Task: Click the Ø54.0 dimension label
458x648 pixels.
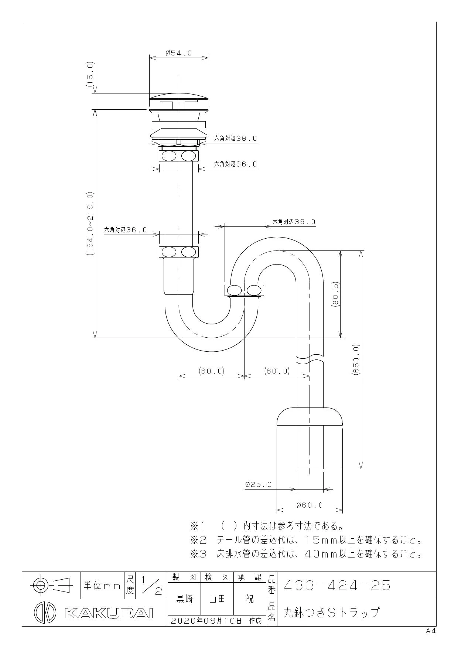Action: pos(179,53)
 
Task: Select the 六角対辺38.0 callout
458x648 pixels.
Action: pos(236,139)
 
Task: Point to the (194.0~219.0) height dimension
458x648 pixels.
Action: pos(90,224)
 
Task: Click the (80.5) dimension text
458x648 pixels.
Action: pos(335,294)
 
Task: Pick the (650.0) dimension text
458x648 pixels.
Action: pos(356,359)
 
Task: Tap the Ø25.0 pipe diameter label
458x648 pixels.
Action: pos(259,484)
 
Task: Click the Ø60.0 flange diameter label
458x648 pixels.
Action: pos(310,505)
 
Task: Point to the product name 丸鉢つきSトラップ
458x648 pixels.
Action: pos(331,613)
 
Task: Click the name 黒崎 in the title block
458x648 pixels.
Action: pos(184,599)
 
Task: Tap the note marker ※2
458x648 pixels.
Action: pos(198,540)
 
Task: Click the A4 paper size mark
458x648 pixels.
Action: pos(431,631)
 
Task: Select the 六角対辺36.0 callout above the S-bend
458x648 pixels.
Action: pos(294,222)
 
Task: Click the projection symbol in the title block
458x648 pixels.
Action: pos(51,585)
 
